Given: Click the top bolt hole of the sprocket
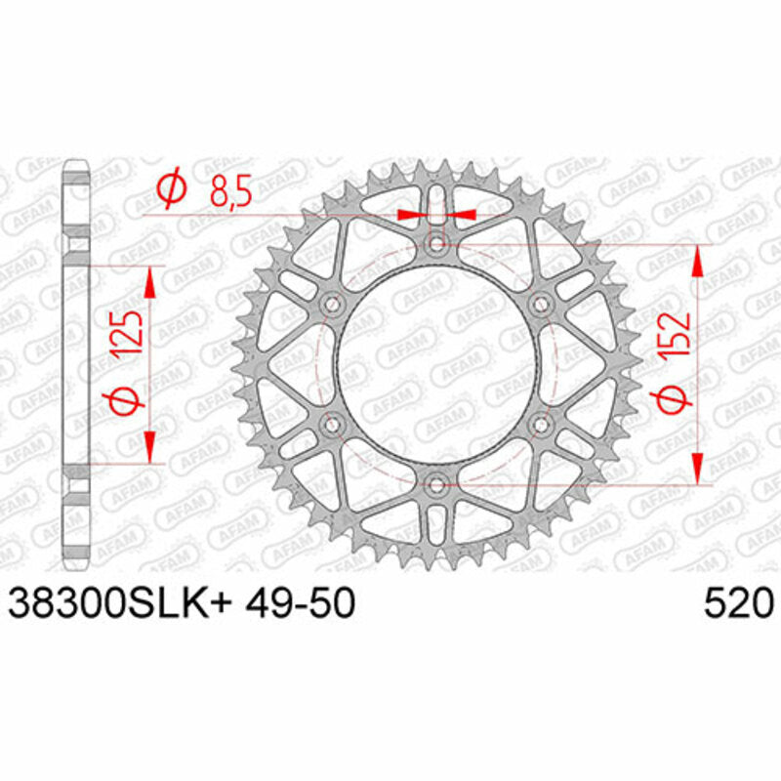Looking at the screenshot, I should [436, 242].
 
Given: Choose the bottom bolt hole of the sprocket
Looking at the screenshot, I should [436, 483].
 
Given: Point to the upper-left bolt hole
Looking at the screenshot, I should [332, 305].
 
